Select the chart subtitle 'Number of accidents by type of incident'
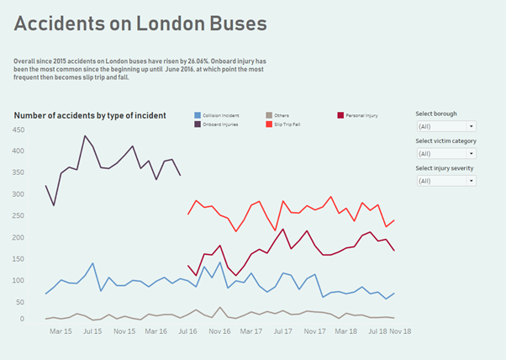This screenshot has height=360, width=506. (x=90, y=115)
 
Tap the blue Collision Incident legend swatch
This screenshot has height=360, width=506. (x=198, y=115)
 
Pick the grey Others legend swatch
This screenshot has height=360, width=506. (x=269, y=115)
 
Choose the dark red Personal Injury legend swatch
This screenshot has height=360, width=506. (x=340, y=115)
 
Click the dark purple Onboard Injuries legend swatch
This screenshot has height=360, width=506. (x=198, y=124)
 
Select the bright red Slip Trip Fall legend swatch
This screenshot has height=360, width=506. (x=269, y=124)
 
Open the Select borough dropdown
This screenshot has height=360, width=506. (x=445, y=126)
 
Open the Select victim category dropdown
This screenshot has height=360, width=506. (x=445, y=153)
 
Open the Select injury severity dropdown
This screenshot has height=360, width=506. (x=445, y=181)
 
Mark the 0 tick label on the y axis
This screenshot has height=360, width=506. (x=22, y=319)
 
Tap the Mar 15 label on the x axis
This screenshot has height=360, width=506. (x=61, y=332)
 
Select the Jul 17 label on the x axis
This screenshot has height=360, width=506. (x=283, y=332)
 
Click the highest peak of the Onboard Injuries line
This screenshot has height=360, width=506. (x=85, y=135)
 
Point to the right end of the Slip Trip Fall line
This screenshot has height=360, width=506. (x=394, y=220)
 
